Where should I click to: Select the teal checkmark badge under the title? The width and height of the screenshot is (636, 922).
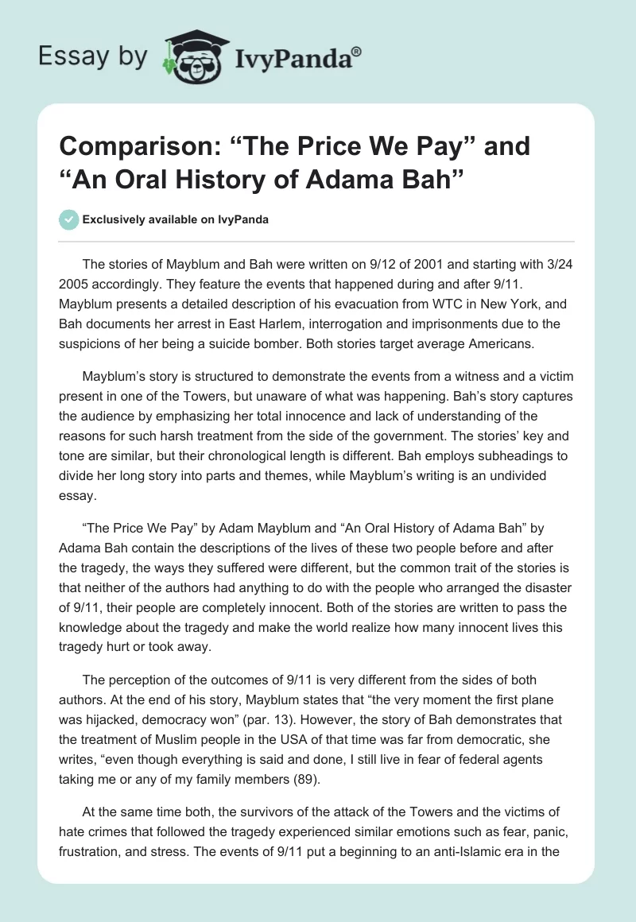69,219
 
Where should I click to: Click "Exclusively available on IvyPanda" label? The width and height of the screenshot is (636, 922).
176,219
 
